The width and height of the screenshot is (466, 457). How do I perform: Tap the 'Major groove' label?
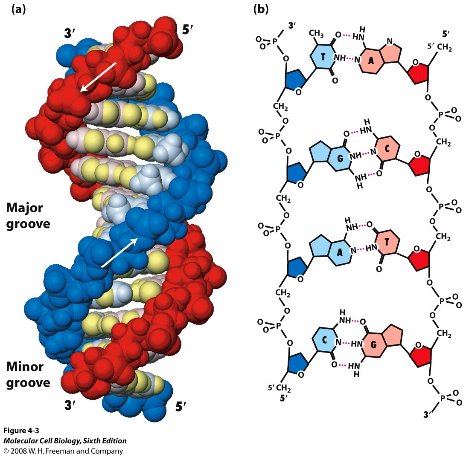29,215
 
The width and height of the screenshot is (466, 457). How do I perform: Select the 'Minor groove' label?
29,374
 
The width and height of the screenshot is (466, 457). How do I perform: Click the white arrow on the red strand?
98,76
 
